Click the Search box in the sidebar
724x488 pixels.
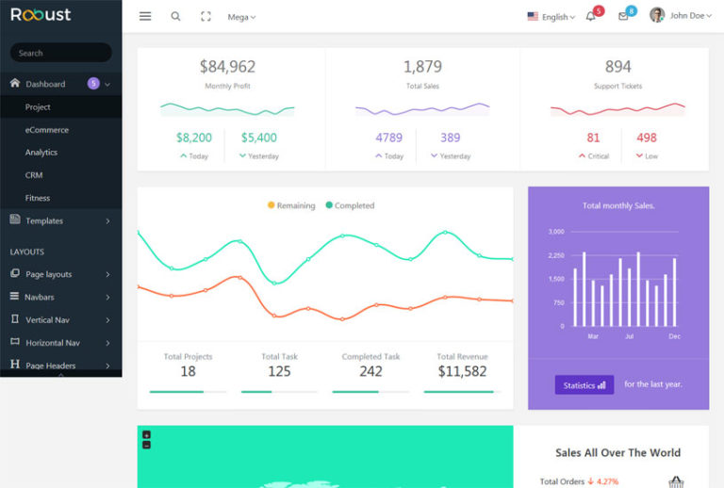[x=60, y=53]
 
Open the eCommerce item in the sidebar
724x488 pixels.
[x=46, y=130]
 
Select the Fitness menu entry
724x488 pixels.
[x=38, y=198]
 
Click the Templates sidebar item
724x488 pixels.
[x=44, y=220]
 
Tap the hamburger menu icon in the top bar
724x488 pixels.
[x=144, y=16]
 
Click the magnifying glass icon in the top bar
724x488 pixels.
[x=175, y=16]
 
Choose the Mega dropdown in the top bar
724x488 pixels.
[x=241, y=17]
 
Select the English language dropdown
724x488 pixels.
[x=551, y=17]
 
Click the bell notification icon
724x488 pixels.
[x=591, y=16]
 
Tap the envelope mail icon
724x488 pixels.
[x=623, y=16]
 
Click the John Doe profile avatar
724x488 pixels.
[x=657, y=15]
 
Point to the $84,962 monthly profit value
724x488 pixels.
[x=227, y=67]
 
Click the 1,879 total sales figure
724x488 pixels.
[x=422, y=67]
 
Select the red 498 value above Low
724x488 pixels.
[x=647, y=138]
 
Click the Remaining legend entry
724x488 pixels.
[x=291, y=205]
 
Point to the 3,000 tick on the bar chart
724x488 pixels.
[x=555, y=232]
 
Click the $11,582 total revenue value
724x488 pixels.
[x=462, y=371]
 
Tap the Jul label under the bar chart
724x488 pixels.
[x=629, y=336]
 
